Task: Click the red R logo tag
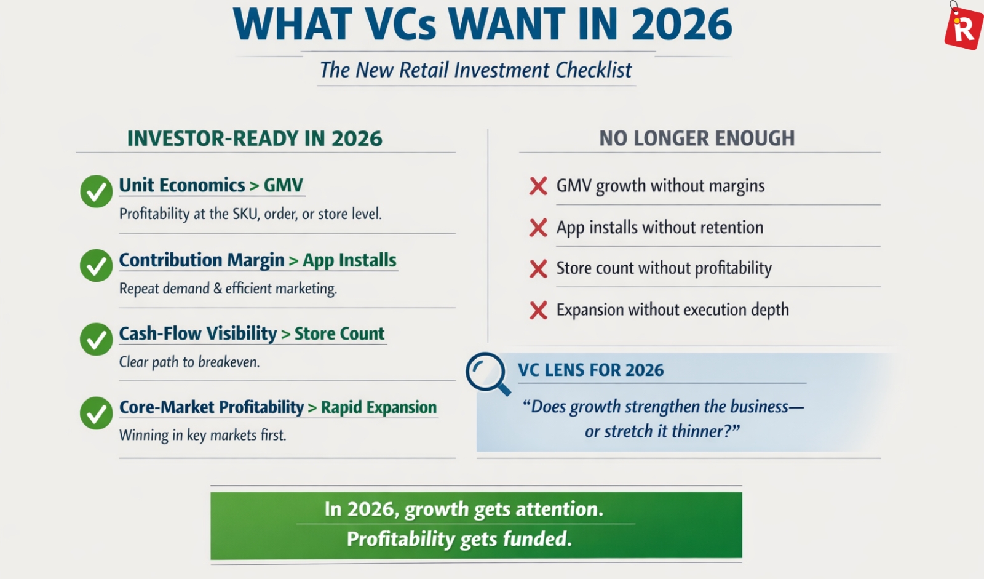[x=964, y=28]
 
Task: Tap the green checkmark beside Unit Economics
[x=96, y=191]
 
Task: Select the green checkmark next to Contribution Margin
[x=96, y=266]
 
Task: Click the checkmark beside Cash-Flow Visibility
[x=96, y=340]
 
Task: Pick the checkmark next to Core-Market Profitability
[x=96, y=413]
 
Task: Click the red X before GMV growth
[x=538, y=186]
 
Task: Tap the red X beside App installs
[x=538, y=228]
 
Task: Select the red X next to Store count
[x=538, y=269]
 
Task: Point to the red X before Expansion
[x=538, y=310]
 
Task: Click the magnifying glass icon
[x=487, y=373]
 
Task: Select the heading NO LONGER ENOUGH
[x=697, y=138]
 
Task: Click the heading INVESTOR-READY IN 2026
[x=255, y=138]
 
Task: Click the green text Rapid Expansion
[x=379, y=407]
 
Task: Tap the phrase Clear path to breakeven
[x=189, y=362]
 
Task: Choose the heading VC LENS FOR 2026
[x=591, y=370]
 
